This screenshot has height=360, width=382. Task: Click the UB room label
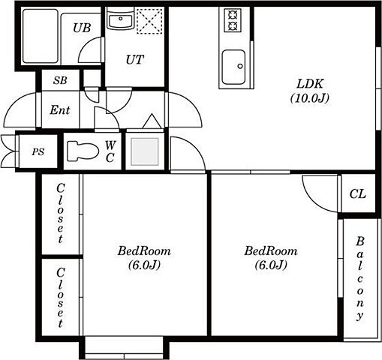click(x=82, y=28)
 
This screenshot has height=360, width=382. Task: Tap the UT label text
click(x=135, y=60)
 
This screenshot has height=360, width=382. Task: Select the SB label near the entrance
click(x=60, y=80)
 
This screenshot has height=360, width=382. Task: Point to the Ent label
click(x=60, y=110)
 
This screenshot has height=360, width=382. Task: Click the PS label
click(x=38, y=151)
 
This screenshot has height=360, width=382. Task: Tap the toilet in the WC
click(x=83, y=151)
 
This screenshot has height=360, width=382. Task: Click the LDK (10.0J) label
click(x=310, y=91)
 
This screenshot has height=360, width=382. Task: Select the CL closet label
click(x=357, y=193)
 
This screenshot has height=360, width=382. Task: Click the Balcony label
click(x=359, y=278)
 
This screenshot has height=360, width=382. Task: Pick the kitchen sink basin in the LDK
click(x=233, y=67)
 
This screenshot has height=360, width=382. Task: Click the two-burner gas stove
click(x=233, y=20)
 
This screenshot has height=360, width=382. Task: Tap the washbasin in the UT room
click(x=120, y=21)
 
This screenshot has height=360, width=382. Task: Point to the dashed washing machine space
click(x=150, y=20)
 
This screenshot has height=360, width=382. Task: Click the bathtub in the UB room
click(x=41, y=36)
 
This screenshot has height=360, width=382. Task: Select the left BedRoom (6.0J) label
click(x=144, y=258)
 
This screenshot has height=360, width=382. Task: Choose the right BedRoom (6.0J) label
click(x=271, y=258)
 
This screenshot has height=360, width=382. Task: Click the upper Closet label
click(x=60, y=213)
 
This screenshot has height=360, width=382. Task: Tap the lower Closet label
click(x=60, y=298)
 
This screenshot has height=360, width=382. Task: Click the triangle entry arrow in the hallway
click(x=152, y=121)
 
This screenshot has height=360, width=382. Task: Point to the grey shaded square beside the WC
click(x=145, y=151)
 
